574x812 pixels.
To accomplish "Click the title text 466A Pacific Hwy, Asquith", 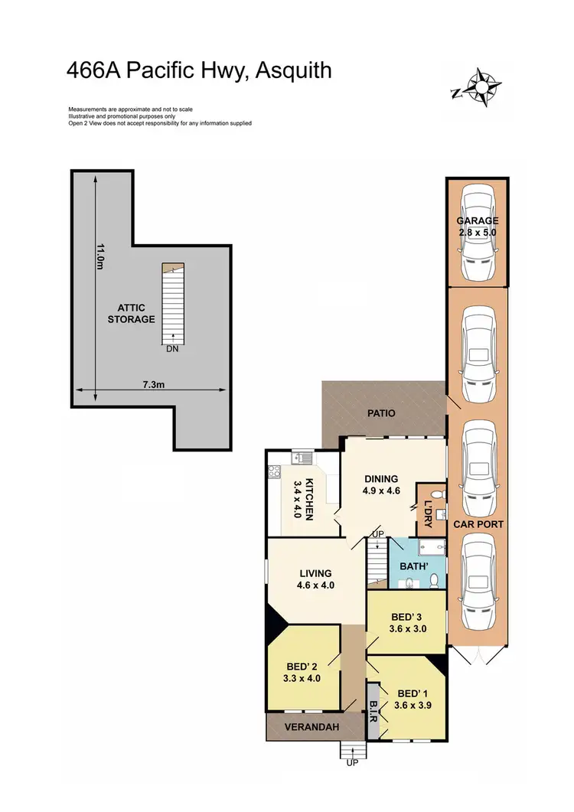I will coord(199,71).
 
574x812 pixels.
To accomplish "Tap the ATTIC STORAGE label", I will coord(131,314).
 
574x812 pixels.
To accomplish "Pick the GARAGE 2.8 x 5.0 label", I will coord(478,227).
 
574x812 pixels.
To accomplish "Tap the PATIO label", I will coord(380,413).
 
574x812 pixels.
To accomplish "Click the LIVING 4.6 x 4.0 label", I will coord(315,579).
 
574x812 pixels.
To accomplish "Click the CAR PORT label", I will coord(477,525).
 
